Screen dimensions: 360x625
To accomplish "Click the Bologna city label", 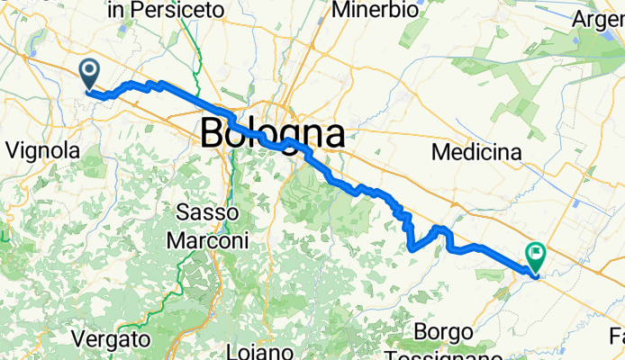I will click(272, 134).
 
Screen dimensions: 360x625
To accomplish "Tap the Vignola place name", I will click(43, 151).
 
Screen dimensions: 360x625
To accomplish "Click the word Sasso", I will click(206, 213).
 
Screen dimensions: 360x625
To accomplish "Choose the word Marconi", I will click(207, 241).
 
